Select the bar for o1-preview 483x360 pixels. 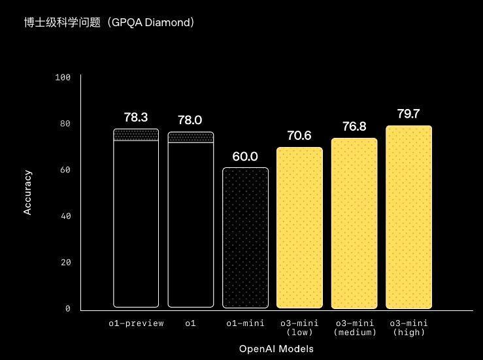[x=136, y=222]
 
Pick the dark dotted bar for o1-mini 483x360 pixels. [x=245, y=238]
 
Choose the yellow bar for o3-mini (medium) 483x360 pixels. [x=354, y=223]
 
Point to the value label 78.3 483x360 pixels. [x=136, y=118]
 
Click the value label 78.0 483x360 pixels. [x=190, y=120]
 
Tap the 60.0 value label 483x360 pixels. [x=245, y=157]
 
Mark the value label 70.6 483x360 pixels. [x=299, y=136]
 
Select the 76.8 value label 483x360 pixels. [x=354, y=127]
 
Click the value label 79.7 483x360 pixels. [x=408, y=114]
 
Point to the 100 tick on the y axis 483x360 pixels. [x=63, y=78]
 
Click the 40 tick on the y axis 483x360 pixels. [x=65, y=216]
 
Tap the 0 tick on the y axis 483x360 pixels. [x=67, y=308]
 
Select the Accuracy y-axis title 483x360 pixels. [x=27, y=192]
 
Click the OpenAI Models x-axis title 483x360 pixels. [x=276, y=349]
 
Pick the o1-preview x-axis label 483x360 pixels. [x=136, y=323]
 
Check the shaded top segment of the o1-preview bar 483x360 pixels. [x=136, y=135]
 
